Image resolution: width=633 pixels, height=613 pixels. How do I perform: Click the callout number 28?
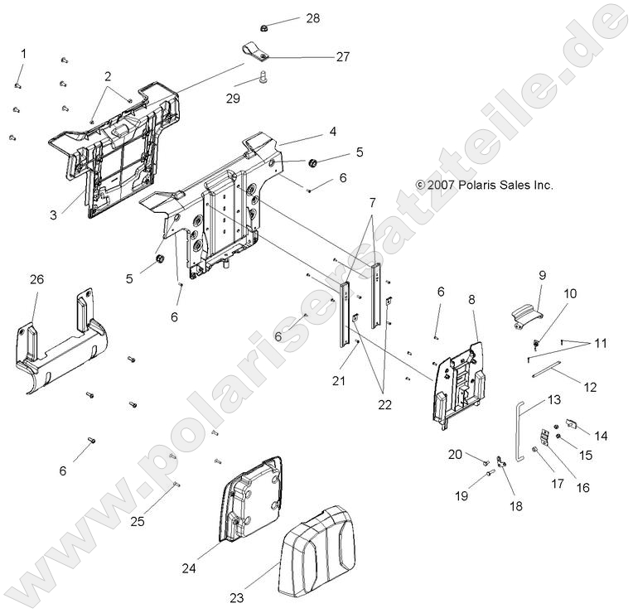(289, 18)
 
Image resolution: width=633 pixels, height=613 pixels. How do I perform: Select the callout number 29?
(233, 98)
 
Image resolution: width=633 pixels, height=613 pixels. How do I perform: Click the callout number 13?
(554, 399)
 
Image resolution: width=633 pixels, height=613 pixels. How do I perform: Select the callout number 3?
(53, 215)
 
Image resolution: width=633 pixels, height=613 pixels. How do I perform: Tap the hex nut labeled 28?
(263, 27)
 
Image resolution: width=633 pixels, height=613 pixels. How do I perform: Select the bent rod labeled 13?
(519, 431)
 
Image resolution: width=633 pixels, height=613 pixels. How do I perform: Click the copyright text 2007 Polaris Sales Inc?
(485, 186)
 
